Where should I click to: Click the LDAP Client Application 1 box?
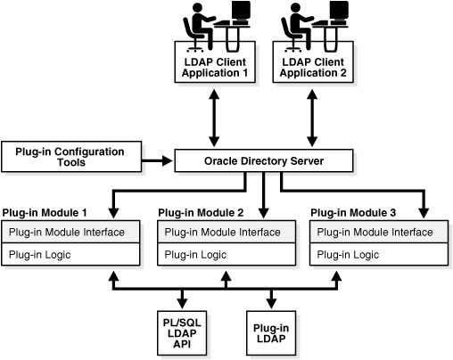click(214, 67)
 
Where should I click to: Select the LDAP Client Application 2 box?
click(312, 67)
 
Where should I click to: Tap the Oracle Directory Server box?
click(264, 161)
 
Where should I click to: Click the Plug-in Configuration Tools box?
click(76, 156)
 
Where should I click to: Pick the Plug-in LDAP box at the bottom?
click(271, 331)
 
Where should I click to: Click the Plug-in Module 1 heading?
click(45, 213)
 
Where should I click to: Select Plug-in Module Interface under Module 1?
click(71, 232)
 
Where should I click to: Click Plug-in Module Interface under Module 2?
click(225, 232)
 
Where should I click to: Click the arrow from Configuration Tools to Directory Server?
click(158, 161)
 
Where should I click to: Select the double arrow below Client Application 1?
click(214, 117)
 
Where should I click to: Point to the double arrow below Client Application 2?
click(312, 117)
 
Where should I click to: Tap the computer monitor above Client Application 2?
click(338, 12)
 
